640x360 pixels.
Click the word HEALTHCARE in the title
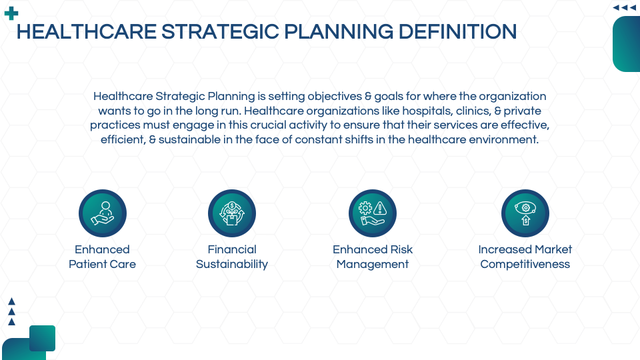87,32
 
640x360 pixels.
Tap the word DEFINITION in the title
457,32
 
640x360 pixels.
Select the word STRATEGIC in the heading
221,32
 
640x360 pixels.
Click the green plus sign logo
11,13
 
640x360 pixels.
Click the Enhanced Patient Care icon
103,213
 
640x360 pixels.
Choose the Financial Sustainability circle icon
232,213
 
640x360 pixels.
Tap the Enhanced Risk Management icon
372,213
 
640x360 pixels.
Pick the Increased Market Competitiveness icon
525,213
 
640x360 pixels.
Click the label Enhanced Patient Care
102,257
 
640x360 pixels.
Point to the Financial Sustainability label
232,257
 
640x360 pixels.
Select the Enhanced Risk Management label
372,257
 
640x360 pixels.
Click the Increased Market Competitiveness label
525,257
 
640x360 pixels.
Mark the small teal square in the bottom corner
42,338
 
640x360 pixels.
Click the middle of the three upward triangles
11,312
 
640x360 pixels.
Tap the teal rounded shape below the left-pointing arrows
627,44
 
